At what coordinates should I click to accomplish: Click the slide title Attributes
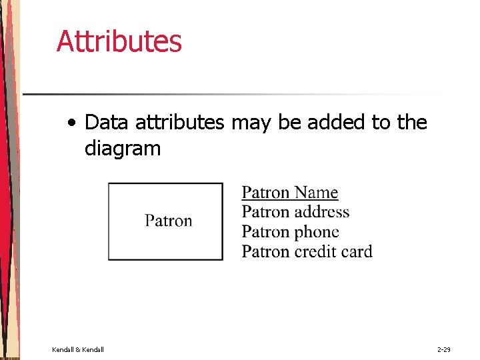point(119,41)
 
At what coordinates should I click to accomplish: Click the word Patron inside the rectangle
point(169,221)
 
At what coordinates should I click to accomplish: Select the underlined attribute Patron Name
point(289,193)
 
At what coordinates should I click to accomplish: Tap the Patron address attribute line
point(295,212)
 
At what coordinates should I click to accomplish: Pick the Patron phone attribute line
point(290,232)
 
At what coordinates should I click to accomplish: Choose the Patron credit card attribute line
point(307,251)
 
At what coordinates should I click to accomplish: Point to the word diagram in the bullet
point(123,149)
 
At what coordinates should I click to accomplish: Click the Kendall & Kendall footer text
point(77,349)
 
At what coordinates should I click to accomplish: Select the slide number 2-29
point(444,349)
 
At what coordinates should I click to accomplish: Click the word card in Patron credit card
point(356,251)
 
